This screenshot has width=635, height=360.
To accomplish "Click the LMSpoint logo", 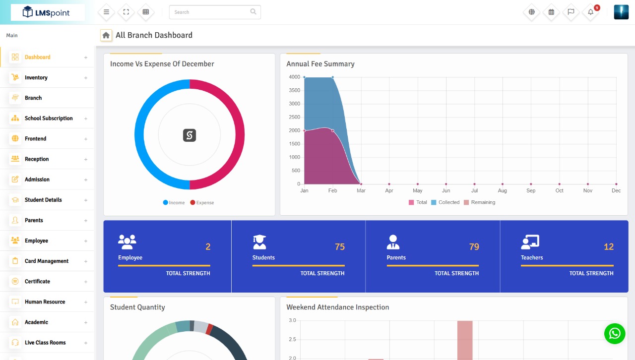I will (x=47, y=12).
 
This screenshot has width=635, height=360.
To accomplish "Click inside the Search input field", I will (x=211, y=12).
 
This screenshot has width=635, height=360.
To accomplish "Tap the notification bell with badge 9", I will (x=591, y=12).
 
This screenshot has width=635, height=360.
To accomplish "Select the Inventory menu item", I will (x=36, y=78).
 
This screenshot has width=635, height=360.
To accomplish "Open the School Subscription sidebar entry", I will (x=49, y=119).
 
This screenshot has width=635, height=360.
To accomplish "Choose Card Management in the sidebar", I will (x=47, y=261).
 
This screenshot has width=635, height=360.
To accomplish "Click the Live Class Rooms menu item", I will (x=45, y=343).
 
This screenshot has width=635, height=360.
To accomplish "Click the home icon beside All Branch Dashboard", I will (x=106, y=35).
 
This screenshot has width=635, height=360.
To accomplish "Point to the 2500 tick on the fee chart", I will (x=294, y=117).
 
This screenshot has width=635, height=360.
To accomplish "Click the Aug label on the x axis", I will (x=503, y=191).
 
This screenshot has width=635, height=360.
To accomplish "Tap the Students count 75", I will (x=339, y=247).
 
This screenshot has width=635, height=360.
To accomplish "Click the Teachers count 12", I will (x=608, y=247).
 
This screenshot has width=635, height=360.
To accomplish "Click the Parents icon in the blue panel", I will (x=393, y=242).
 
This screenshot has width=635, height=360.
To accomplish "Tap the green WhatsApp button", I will (x=615, y=333).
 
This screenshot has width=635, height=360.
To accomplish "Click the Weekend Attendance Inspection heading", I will (x=337, y=307).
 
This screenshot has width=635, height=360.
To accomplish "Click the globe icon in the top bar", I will (x=532, y=12).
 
